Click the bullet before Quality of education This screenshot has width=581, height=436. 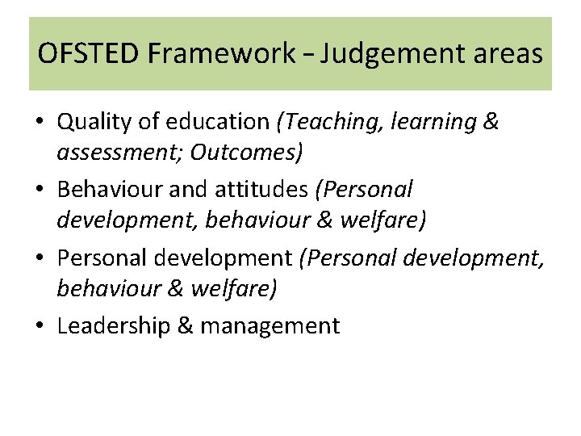[x=40, y=123]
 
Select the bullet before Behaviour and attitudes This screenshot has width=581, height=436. [x=40, y=191]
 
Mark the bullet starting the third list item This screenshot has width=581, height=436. [x=40, y=258]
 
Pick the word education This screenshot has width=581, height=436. [x=224, y=122]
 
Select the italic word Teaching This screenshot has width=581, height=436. [x=330, y=122]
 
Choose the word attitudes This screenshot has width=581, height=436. [x=262, y=190]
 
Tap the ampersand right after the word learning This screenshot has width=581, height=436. [x=490, y=122]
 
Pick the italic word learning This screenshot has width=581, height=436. [x=433, y=122]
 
